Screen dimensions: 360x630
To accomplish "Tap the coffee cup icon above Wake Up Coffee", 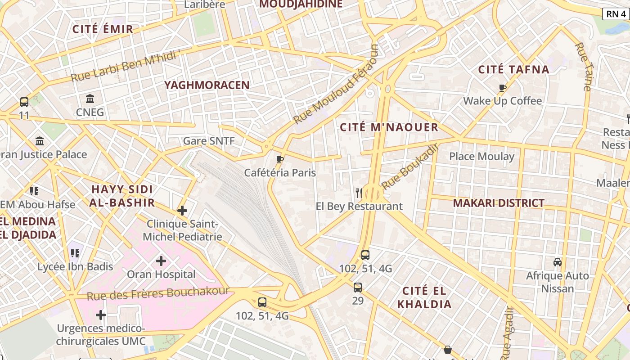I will tap(503, 88).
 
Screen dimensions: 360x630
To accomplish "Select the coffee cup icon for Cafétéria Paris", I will tap(280, 159).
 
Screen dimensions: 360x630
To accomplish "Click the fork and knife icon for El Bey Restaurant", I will tap(359, 193).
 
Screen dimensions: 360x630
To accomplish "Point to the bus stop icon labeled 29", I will tap(358, 287).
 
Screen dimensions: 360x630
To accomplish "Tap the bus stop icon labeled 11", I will tap(24, 102).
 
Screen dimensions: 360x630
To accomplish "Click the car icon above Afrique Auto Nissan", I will tap(558, 262).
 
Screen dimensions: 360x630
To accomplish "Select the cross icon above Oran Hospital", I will tap(161, 261).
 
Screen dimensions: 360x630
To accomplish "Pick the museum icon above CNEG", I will tap(90, 99).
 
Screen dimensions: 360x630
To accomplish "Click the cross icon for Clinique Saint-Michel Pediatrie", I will tap(182, 210).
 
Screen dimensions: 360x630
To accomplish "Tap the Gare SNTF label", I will tap(209, 141).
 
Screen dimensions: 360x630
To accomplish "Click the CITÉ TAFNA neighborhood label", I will tap(513, 69).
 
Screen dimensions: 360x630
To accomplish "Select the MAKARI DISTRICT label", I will tap(499, 203).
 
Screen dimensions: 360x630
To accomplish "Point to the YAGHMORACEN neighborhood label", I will tap(207, 85).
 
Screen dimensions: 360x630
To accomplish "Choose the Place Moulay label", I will tap(481, 156).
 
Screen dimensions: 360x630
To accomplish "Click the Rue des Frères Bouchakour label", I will tap(158, 293).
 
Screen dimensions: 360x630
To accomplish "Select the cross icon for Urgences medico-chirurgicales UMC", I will tap(101, 315).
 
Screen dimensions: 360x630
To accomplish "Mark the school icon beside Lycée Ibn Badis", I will tap(75, 253).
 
